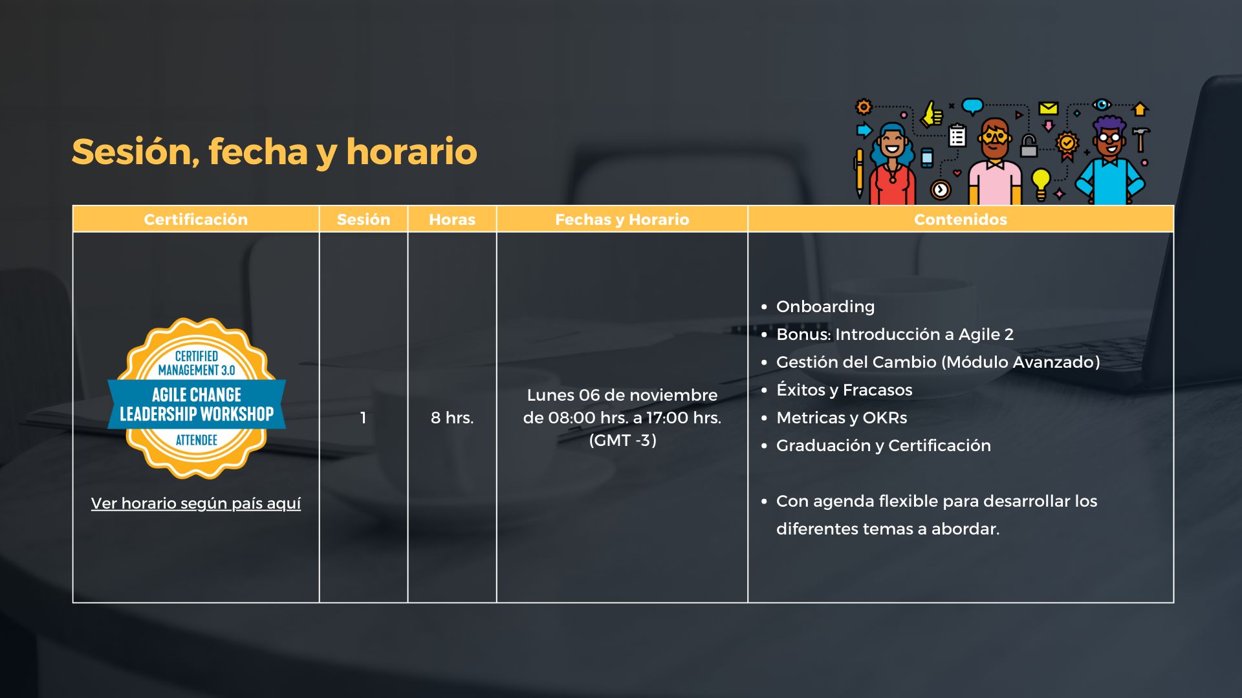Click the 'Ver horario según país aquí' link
[196, 503]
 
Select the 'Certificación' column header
[196, 220]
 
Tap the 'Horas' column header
[452, 220]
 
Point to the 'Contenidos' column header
[961, 220]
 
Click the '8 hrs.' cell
[452, 418]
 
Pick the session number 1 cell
[364, 418]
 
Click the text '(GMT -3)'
[623, 441]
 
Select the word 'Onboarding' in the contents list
[825, 307]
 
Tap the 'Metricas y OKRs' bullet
[842, 418]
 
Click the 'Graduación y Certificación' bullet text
[884, 446]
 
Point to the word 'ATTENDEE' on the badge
[197, 441]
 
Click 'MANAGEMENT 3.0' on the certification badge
[197, 370]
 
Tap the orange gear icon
[864, 107]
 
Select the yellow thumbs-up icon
[932, 114]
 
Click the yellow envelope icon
[1049, 108]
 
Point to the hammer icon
[1141, 138]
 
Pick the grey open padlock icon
[1029, 145]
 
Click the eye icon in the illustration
[1102, 105]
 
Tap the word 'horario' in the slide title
[411, 153]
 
